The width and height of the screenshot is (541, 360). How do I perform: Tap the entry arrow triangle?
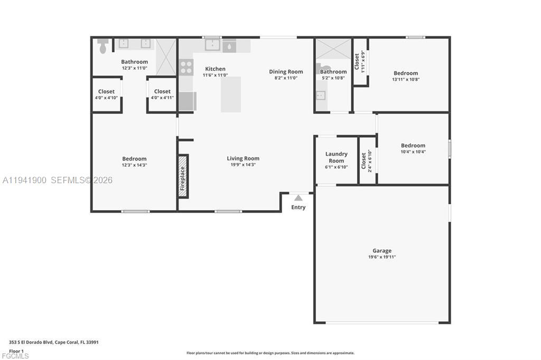coord(299,198)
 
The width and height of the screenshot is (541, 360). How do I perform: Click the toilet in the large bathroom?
coord(103,46)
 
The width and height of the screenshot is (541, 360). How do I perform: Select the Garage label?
coord(382,251)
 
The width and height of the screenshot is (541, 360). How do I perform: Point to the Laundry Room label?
coord(337,157)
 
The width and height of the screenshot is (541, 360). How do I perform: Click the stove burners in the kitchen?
coord(186,67)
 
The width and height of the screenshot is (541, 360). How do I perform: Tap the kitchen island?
coord(231,94)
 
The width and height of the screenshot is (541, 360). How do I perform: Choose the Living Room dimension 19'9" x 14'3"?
coord(243,165)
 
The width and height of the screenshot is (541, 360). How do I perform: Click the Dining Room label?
coord(286,72)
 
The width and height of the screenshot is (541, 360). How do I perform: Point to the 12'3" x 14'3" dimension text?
coord(135,165)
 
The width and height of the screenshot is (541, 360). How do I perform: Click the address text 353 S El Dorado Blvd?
coord(31,343)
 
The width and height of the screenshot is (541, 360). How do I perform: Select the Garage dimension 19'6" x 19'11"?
coord(382,257)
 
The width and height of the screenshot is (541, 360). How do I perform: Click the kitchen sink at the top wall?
coord(212,45)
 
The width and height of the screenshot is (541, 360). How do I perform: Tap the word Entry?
coord(299,207)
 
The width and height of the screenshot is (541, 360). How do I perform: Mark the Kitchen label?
coord(216,69)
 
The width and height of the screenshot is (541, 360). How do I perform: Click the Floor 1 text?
coord(16,352)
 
